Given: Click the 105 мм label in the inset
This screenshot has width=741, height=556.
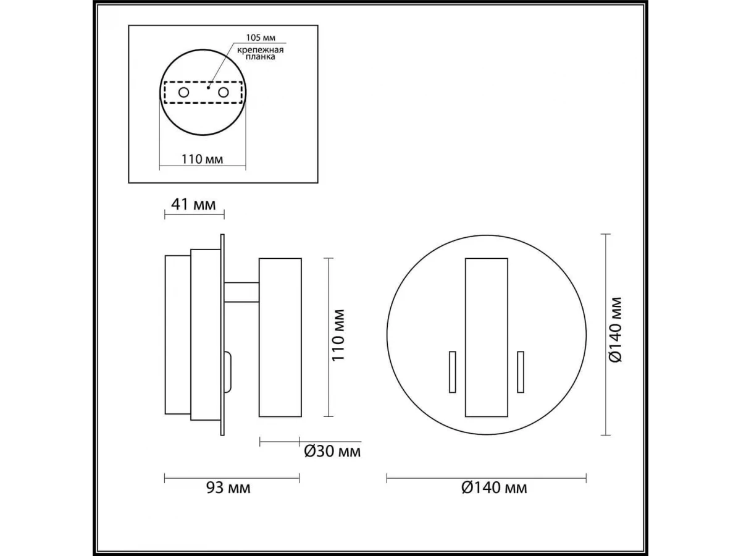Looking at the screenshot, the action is (261, 38).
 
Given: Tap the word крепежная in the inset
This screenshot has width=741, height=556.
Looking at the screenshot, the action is (260, 50).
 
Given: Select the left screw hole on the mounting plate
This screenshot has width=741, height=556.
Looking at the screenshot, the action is (183, 92).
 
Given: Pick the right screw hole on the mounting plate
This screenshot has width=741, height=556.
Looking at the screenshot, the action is (223, 92).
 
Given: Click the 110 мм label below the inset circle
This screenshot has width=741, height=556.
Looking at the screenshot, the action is (202, 159).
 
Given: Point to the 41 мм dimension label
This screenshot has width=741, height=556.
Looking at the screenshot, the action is (193, 204).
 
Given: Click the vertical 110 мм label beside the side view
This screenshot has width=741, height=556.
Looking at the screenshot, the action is (338, 335).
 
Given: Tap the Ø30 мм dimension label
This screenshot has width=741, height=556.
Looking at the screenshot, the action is (332, 452).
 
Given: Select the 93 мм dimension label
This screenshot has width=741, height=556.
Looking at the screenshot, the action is (228, 488).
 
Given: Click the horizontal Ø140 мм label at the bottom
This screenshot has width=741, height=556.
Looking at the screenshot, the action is (494, 488).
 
